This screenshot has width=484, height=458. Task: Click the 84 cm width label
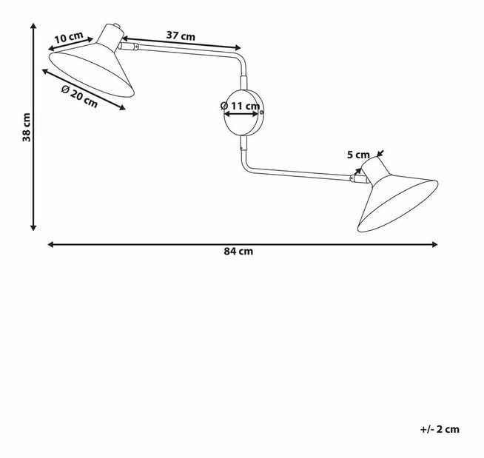238,252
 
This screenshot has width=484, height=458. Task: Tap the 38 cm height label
27,127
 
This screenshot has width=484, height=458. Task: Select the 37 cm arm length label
181,36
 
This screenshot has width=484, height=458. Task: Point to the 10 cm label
69,37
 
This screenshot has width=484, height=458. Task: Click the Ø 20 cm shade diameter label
80,96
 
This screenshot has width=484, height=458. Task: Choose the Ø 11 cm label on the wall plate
240,106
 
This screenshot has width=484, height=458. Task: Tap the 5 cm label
358,155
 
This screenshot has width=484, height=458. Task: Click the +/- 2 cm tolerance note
440,429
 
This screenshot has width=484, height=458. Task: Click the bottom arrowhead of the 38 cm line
33,228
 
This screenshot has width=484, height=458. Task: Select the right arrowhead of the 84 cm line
435,244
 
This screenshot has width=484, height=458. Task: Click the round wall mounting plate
243,112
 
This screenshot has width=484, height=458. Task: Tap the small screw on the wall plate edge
262,112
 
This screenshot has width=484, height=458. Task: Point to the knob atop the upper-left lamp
117,25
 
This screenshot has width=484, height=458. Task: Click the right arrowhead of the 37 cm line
238,47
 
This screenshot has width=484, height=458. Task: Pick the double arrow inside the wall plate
241,114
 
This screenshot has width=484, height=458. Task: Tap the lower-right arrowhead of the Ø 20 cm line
123,107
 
